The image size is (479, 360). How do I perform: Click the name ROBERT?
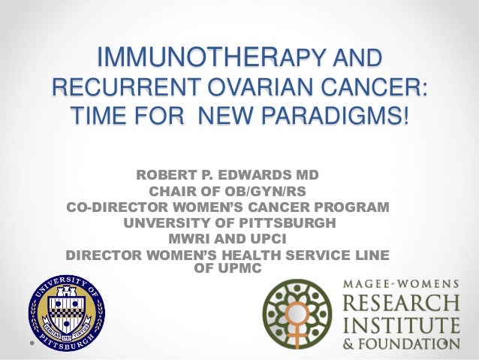(167, 176)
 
